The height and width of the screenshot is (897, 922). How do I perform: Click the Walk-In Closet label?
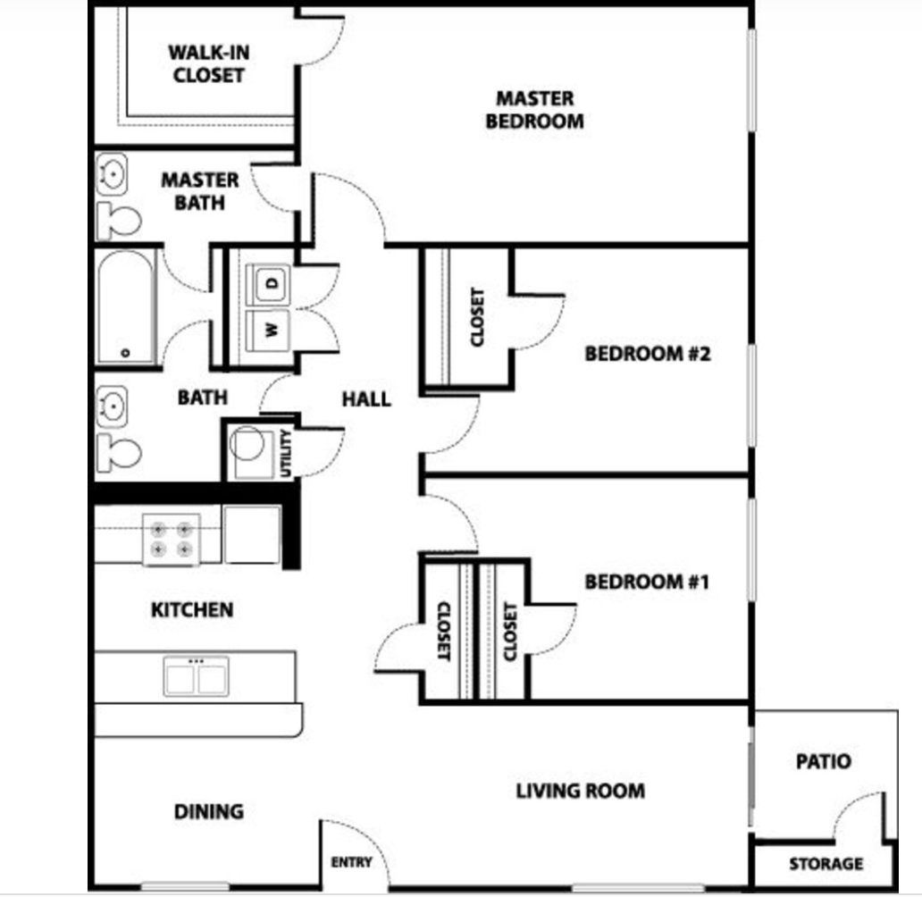(208, 63)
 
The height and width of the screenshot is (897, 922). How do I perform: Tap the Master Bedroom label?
(534, 109)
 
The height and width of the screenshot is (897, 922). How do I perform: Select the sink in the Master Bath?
(113, 173)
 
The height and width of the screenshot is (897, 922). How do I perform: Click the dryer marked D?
(271, 284)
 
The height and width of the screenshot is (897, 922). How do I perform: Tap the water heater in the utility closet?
(248, 444)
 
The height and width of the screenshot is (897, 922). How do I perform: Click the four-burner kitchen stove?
(172, 539)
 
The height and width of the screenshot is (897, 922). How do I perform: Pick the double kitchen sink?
(196, 675)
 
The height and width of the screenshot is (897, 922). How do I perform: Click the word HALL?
(366, 398)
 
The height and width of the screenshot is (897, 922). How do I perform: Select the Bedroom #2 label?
(647, 354)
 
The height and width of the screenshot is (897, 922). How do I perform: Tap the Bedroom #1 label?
(646, 583)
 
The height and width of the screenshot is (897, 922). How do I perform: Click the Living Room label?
(580, 791)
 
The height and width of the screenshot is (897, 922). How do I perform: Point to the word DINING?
(208, 812)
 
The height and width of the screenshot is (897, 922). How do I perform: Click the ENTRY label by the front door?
(351, 862)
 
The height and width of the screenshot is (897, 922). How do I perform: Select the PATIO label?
(823, 762)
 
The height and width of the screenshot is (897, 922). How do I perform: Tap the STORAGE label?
(826, 864)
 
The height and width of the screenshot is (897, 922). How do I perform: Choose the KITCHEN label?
(192, 610)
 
